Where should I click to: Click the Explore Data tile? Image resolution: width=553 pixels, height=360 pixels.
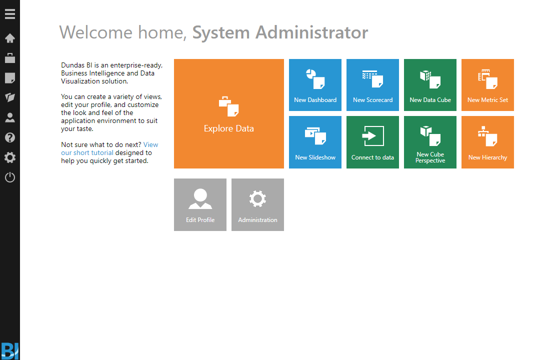[229, 113]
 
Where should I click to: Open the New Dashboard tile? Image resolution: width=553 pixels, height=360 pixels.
[315, 85]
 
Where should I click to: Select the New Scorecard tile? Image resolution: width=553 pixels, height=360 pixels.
[373, 85]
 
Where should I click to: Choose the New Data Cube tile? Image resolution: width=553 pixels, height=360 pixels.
[430, 85]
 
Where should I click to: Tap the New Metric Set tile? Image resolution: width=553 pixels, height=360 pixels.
[488, 85]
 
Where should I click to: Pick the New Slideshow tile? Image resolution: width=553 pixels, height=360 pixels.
[315, 142]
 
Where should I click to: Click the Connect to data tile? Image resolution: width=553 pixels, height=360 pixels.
[373, 142]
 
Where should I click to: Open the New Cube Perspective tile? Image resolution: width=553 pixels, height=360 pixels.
[430, 142]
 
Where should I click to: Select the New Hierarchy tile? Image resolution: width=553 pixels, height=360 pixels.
[488, 142]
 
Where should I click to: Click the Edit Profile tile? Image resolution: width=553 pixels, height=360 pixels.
[200, 205]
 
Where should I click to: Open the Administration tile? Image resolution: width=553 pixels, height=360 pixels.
[258, 205]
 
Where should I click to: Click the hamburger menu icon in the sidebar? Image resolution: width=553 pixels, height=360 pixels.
[10, 14]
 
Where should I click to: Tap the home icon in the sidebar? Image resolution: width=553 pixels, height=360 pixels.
[10, 38]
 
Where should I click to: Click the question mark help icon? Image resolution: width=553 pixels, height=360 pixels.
[10, 137]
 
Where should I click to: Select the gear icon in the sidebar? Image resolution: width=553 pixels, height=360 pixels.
[10, 157]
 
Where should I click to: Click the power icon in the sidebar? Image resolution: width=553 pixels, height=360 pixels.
[10, 177]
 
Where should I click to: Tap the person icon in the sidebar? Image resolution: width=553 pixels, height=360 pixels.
[10, 117]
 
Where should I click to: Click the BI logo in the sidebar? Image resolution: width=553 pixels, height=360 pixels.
[10, 351]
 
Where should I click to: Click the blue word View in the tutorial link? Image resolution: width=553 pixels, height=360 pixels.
[150, 144]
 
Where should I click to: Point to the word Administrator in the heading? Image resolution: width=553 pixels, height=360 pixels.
[312, 32]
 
